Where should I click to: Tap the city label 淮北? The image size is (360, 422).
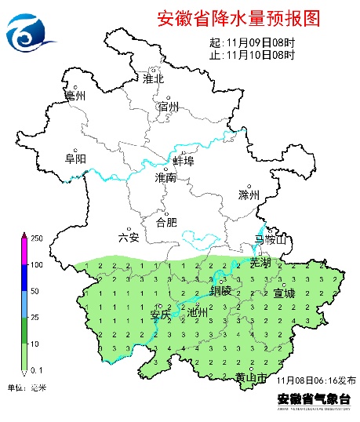(x=154, y=78)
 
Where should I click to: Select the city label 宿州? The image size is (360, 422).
(x=169, y=107)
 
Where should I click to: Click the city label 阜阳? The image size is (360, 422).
(x=75, y=158)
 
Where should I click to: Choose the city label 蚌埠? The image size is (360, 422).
(x=183, y=161)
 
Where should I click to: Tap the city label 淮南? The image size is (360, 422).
(x=165, y=178)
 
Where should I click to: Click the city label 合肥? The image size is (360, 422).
(x=166, y=223)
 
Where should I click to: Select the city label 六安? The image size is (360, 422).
(x=128, y=237)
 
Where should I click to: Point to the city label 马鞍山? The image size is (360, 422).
(x=271, y=239)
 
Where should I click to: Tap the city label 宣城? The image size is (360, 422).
(x=284, y=293)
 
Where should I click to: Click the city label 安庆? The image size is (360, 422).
(x=160, y=315)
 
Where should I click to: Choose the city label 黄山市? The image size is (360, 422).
(x=251, y=378)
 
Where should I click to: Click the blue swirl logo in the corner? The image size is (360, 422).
(x=29, y=31)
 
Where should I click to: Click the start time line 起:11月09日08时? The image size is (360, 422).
(x=253, y=43)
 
